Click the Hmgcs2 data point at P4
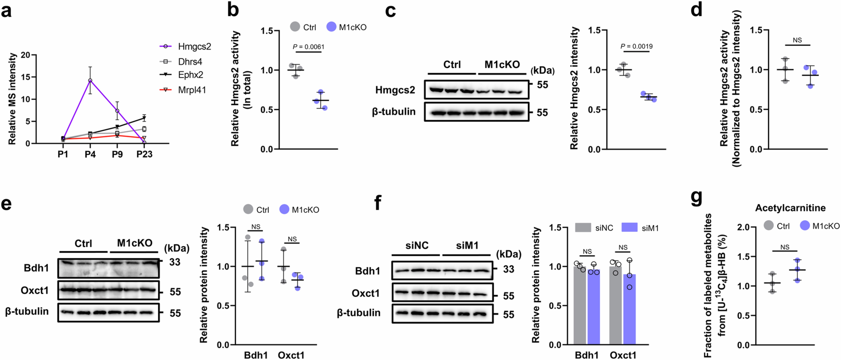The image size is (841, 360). tap(90, 80)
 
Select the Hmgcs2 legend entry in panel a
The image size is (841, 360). tap(194, 47)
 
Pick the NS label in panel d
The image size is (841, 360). tap(797, 40)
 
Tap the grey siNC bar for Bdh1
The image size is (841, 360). tap(580, 305)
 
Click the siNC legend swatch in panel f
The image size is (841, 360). tap(583, 227)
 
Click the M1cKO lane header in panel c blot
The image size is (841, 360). tap(502, 65)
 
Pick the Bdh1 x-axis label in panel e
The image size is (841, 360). tap(256, 355)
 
